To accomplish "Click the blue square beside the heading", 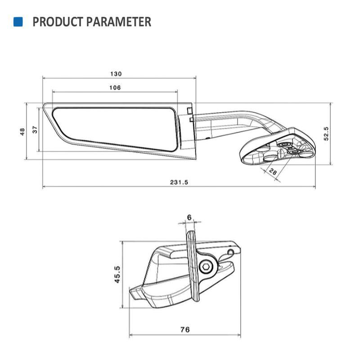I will pyautogui.click(x=18, y=22).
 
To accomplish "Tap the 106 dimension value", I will pyautogui.click(x=115, y=88).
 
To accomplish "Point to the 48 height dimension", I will pyautogui.click(x=22, y=131).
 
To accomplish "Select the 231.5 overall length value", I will pyautogui.click(x=179, y=182).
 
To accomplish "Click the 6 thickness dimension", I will pyautogui.click(x=189, y=217).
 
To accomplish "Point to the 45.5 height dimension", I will pyautogui.click(x=116, y=274).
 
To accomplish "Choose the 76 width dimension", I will pyautogui.click(x=184, y=330).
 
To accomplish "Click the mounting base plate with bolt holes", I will pyautogui.click(x=279, y=148).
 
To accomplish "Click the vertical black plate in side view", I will pyautogui.click(x=193, y=265).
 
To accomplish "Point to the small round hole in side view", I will pyautogui.click(x=233, y=251).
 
